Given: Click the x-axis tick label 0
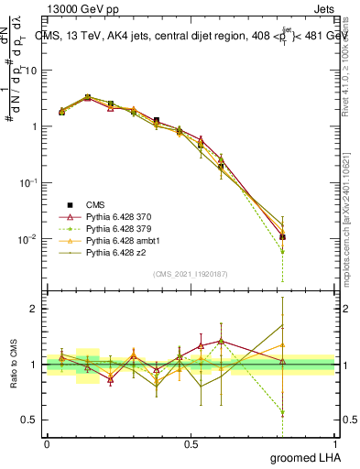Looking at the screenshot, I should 47,443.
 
